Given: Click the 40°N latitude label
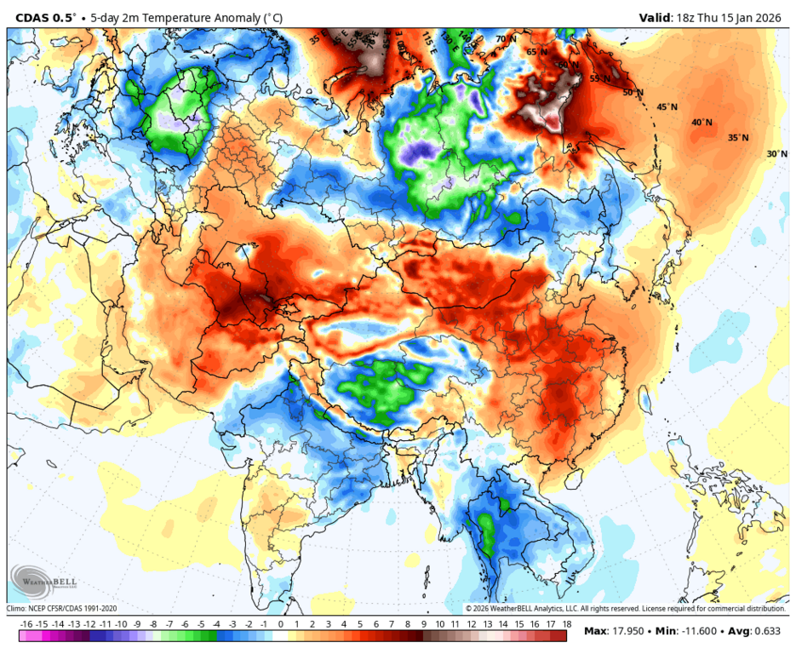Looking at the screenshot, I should click(702, 122).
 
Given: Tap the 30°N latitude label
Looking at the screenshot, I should click(776, 154).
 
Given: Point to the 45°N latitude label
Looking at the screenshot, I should click(667, 107).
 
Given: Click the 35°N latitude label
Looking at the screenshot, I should click(738, 138).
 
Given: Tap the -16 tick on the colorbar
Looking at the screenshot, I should click(26, 624).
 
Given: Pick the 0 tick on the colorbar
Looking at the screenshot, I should click(280, 624).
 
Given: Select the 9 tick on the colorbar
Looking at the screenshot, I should click(423, 624).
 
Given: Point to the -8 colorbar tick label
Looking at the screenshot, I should click(153, 624).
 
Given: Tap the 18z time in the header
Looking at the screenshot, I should click(684, 17).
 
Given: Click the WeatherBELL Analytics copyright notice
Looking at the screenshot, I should click(626, 608).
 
